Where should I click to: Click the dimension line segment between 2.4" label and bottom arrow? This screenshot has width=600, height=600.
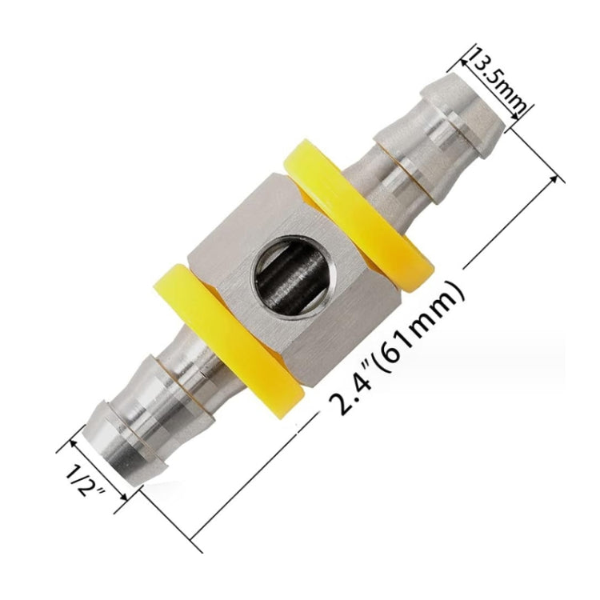pos(256,479)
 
